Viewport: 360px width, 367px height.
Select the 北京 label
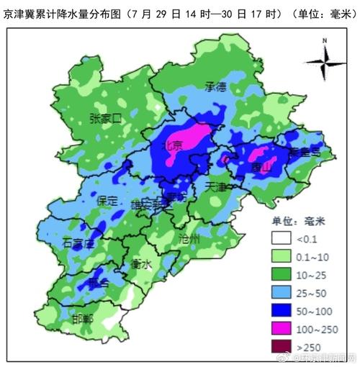pos(174,145)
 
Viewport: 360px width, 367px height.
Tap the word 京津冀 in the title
pos(19,14)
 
